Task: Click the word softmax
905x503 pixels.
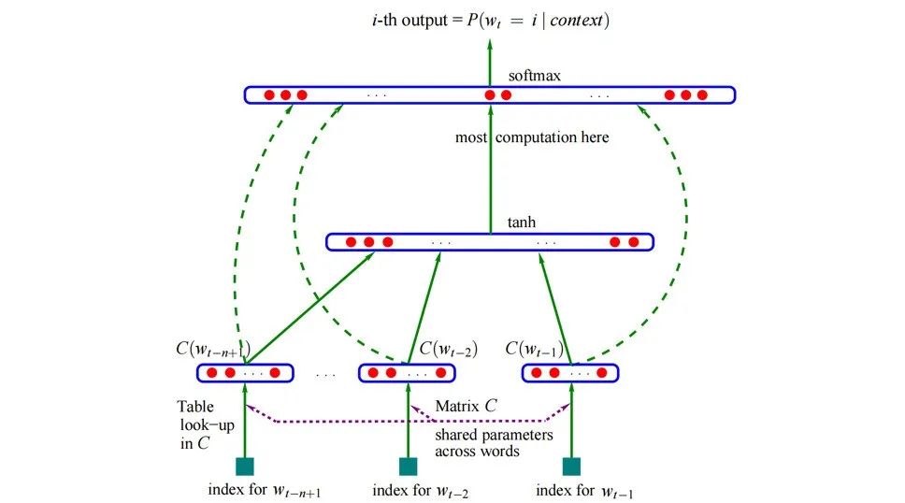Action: coord(534,75)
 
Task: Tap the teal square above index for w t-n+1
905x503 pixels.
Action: coord(245,467)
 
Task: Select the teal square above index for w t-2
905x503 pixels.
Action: coord(408,467)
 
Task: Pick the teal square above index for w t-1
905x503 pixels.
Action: coord(570,467)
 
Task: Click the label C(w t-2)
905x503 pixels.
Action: coord(448,350)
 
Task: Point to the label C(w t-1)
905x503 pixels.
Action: coord(536,350)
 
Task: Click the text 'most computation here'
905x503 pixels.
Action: coord(531,137)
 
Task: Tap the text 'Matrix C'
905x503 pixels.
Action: coord(466,407)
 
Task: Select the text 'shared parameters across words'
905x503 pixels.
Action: coord(494,442)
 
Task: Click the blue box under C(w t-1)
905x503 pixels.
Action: coord(570,373)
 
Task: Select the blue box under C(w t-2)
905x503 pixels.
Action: coord(407,373)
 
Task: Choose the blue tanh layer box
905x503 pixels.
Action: coord(489,242)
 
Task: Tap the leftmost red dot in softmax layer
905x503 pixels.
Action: coord(268,94)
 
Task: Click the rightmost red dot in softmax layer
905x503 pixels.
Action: coord(702,94)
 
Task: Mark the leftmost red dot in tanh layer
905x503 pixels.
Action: coord(351,242)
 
